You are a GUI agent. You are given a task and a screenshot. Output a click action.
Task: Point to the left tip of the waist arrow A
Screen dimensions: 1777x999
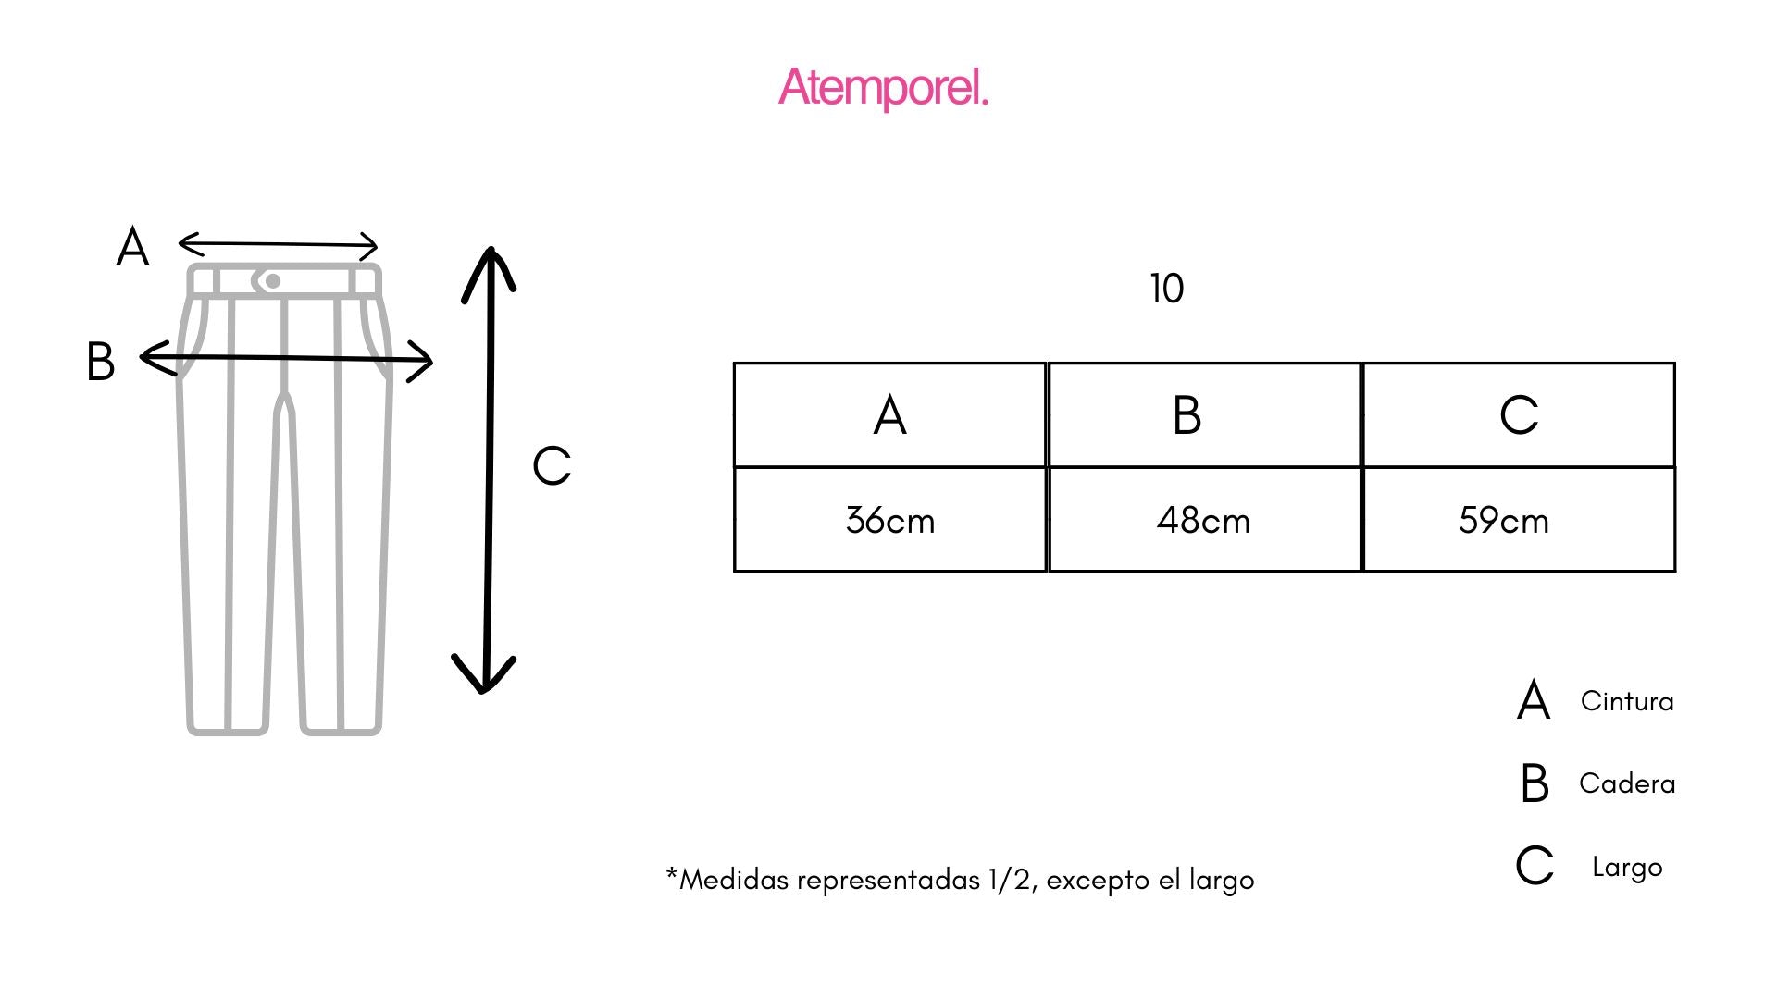click(x=179, y=243)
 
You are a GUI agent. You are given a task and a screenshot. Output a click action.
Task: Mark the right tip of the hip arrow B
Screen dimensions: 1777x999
click(x=432, y=361)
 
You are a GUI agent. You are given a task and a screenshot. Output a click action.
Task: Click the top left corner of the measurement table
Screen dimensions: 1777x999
click(x=734, y=363)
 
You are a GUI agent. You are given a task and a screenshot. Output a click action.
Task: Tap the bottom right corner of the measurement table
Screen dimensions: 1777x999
click(x=1675, y=571)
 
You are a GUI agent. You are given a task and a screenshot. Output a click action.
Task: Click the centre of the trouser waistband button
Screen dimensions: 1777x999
click(x=272, y=281)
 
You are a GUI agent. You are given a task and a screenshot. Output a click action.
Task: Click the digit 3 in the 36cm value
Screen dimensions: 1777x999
click(x=855, y=520)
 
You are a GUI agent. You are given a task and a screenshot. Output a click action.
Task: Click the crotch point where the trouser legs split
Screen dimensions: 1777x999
click(x=285, y=396)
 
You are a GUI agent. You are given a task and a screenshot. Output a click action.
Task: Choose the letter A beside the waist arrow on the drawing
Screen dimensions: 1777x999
click(x=132, y=247)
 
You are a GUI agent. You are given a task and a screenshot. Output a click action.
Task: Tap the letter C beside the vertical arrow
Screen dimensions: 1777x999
click(x=552, y=465)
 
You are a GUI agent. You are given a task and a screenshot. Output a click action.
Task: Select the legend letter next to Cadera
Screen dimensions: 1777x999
click(x=1535, y=783)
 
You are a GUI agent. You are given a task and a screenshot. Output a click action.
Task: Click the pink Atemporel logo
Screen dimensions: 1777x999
click(x=884, y=88)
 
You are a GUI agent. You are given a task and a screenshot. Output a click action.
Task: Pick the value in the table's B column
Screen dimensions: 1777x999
click(x=1203, y=521)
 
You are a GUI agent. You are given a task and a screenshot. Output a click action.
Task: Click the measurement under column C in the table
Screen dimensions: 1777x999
click(x=1504, y=521)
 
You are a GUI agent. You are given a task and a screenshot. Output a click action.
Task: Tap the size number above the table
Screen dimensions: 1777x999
click(x=1167, y=289)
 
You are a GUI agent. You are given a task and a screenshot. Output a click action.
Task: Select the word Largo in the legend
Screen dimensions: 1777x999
click(x=1627, y=868)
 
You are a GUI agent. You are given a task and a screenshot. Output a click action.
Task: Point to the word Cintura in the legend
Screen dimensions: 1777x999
click(x=1627, y=701)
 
